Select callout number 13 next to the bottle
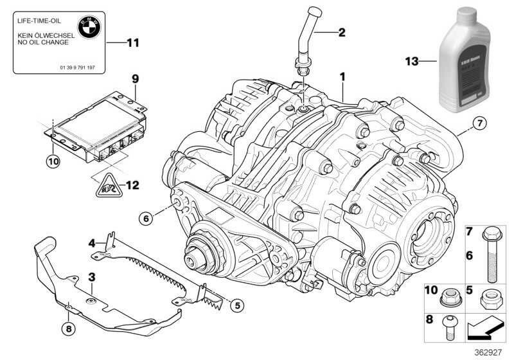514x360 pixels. tap(411, 62)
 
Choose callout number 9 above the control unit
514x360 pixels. tap(135, 79)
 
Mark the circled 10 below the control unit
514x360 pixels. tap(53, 161)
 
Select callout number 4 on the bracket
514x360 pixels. tap(92, 242)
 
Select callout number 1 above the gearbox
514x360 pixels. tap(342, 76)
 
